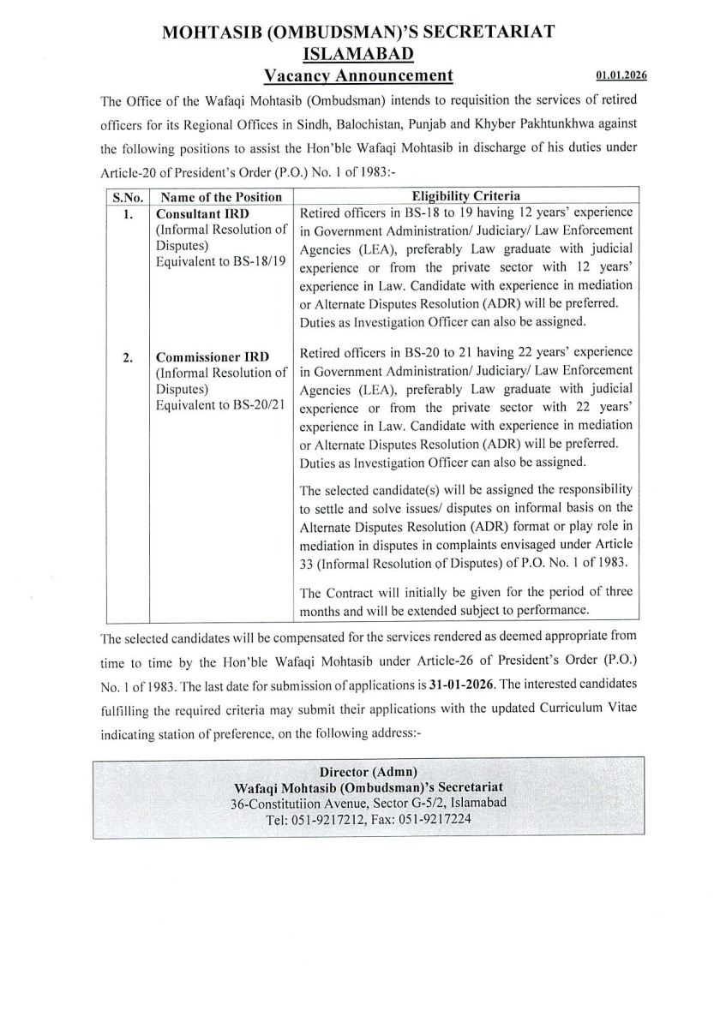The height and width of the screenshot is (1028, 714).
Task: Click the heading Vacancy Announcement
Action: point(357,75)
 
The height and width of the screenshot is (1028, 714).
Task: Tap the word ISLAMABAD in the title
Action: point(357,54)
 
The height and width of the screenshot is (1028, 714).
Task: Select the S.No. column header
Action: point(127,196)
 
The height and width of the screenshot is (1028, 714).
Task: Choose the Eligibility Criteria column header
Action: point(466,195)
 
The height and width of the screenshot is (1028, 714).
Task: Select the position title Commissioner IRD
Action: point(212,356)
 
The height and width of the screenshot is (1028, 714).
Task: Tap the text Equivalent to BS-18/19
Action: point(219,262)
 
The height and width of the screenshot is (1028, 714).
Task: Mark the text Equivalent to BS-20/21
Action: point(219,405)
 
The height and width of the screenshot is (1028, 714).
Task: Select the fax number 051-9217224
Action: point(435,819)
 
